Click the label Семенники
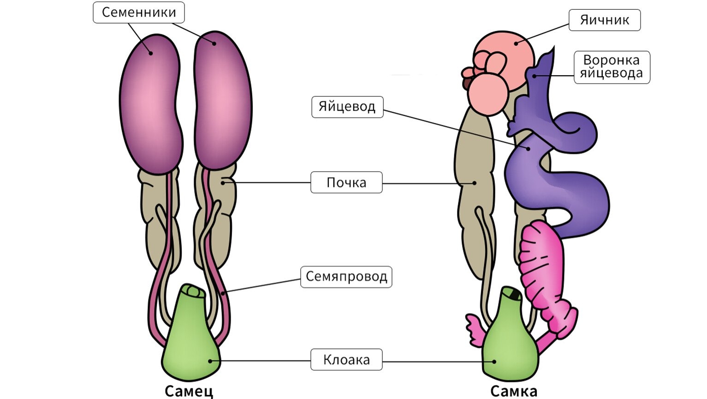pyautogui.click(x=139, y=12)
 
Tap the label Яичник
pyautogui.click(x=604, y=20)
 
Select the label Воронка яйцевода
pyautogui.click(x=612, y=67)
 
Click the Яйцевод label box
pyautogui.click(x=347, y=107)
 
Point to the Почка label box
pyautogui.click(x=346, y=182)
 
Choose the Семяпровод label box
pyautogui.click(x=346, y=277)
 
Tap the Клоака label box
pyautogui.click(x=346, y=360)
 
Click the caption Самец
pyautogui.click(x=189, y=391)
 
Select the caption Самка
pyautogui.click(x=513, y=391)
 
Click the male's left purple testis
pyautogui.click(x=149, y=104)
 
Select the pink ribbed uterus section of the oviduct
pyautogui.click(x=543, y=268)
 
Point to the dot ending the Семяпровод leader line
pyautogui.click(x=223, y=292)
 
